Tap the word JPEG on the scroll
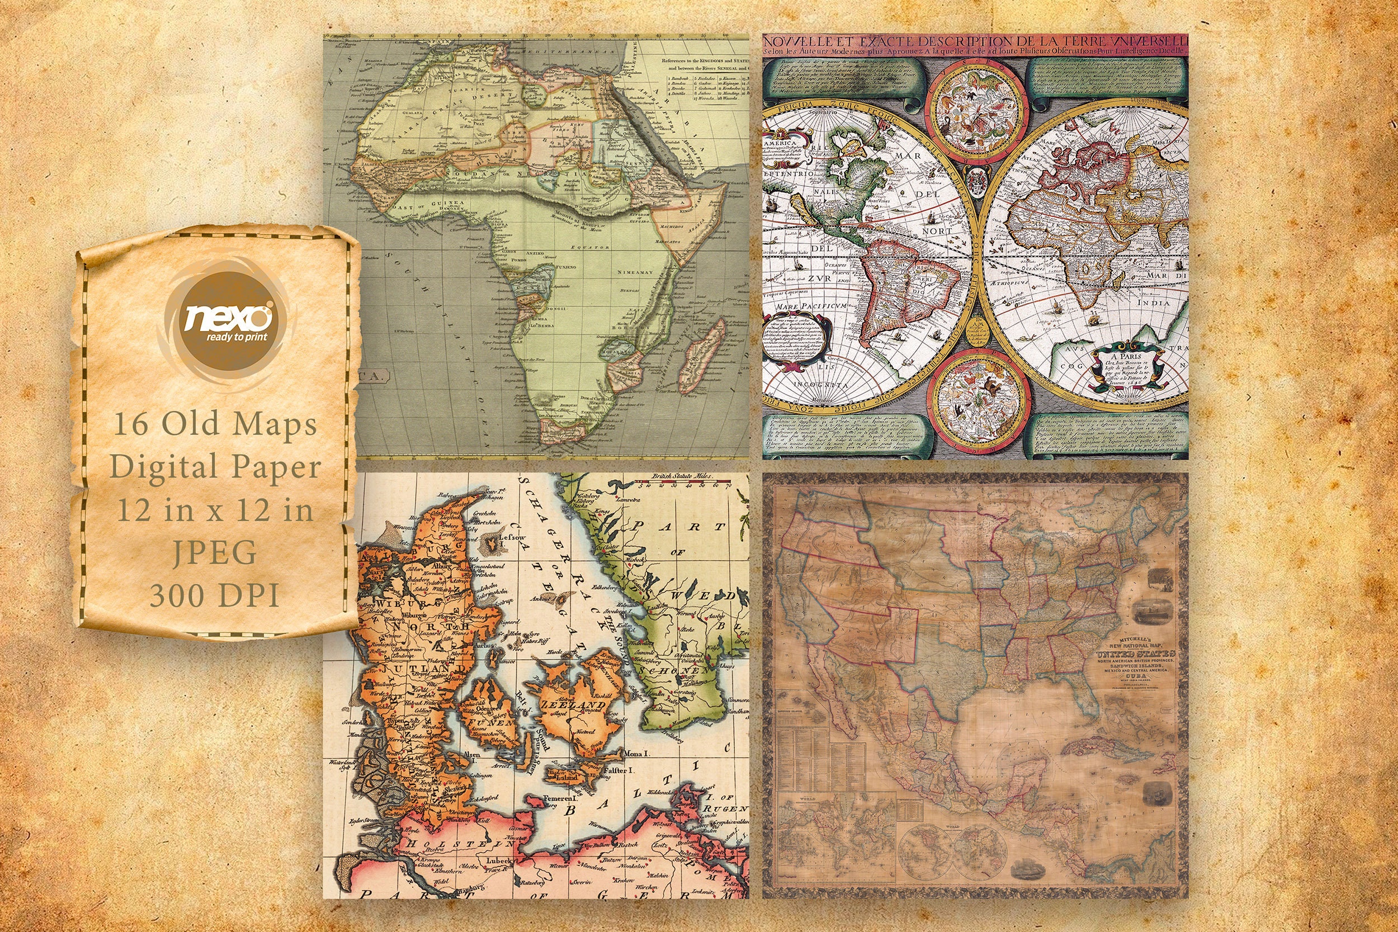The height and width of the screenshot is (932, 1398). coord(215,553)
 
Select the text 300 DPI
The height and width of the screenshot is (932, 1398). coord(215,595)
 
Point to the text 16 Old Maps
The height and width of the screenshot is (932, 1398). coord(215,424)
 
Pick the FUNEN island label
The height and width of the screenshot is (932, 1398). coord(492,723)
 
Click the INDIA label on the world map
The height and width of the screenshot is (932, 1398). coord(1153,302)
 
